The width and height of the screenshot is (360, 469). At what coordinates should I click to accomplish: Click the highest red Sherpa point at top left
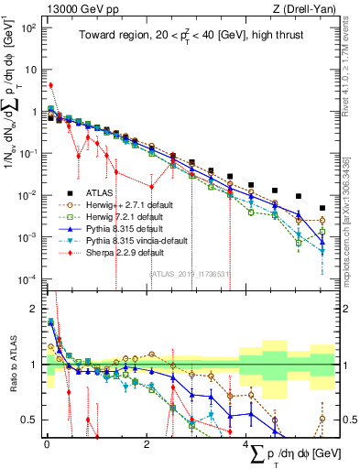coord(50,85)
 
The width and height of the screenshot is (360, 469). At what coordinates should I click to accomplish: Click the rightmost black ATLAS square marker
coord(322,208)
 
